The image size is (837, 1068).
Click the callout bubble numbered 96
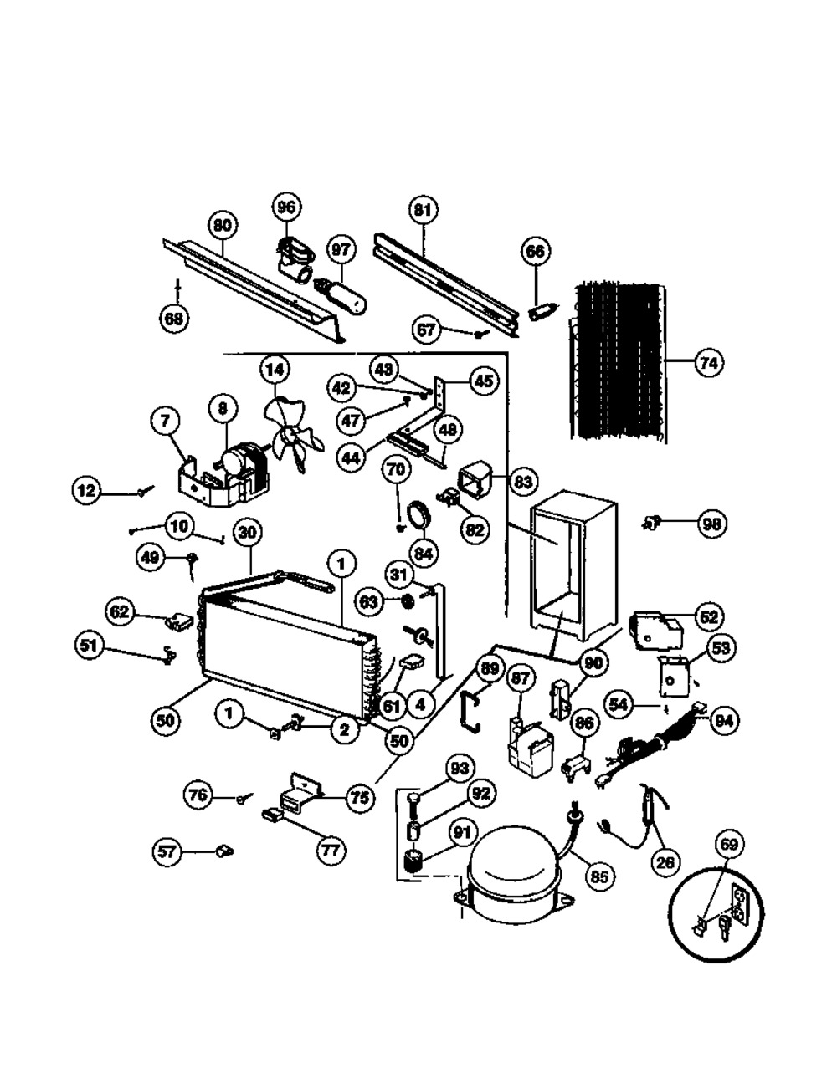pyautogui.click(x=287, y=207)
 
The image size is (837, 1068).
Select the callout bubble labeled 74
pyautogui.click(x=708, y=363)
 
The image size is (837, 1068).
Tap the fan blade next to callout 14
pyautogui.click(x=288, y=434)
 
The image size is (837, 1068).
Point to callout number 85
pyautogui.click(x=598, y=876)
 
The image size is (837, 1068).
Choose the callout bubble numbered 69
pyautogui.click(x=728, y=845)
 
